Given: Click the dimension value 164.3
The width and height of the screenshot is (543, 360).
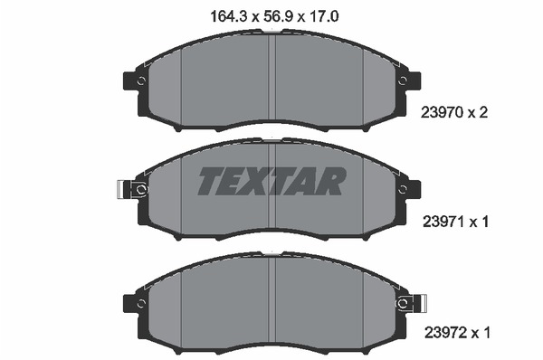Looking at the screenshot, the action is (228, 16).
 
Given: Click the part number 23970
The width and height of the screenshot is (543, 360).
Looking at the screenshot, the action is (442, 112).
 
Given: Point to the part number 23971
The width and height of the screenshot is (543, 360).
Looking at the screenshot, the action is (443, 222).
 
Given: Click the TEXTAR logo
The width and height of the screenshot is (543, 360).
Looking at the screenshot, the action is (271, 181).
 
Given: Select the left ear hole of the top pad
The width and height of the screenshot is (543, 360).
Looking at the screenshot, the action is (141, 81).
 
